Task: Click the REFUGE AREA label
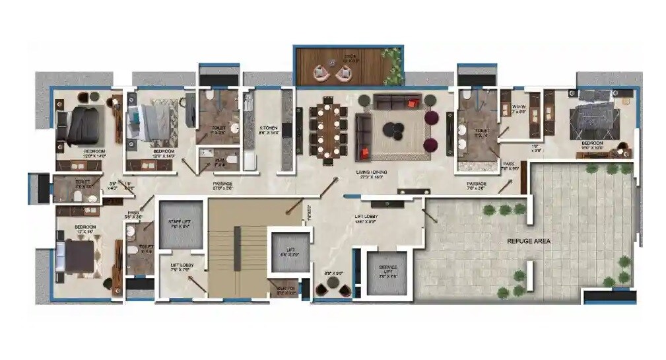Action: coord(528,241)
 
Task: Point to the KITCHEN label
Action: coord(269,129)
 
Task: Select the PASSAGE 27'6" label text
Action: coord(222,186)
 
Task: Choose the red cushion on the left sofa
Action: coord(364,153)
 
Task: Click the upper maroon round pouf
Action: coord(431,118)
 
